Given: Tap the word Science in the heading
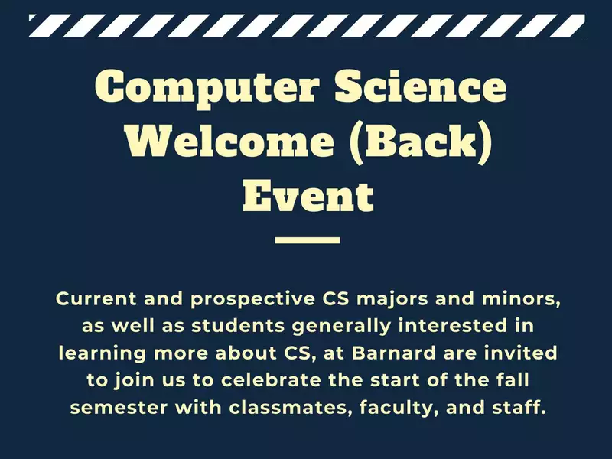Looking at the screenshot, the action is (421, 85).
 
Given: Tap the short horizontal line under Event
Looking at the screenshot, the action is (308, 240).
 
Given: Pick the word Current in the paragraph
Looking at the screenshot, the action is (96, 298).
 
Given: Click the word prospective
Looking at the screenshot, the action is (253, 300).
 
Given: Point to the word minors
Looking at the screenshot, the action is (521, 299).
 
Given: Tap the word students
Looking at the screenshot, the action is (238, 326).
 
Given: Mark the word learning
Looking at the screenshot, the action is (103, 354).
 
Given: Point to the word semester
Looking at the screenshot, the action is (119, 408).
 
